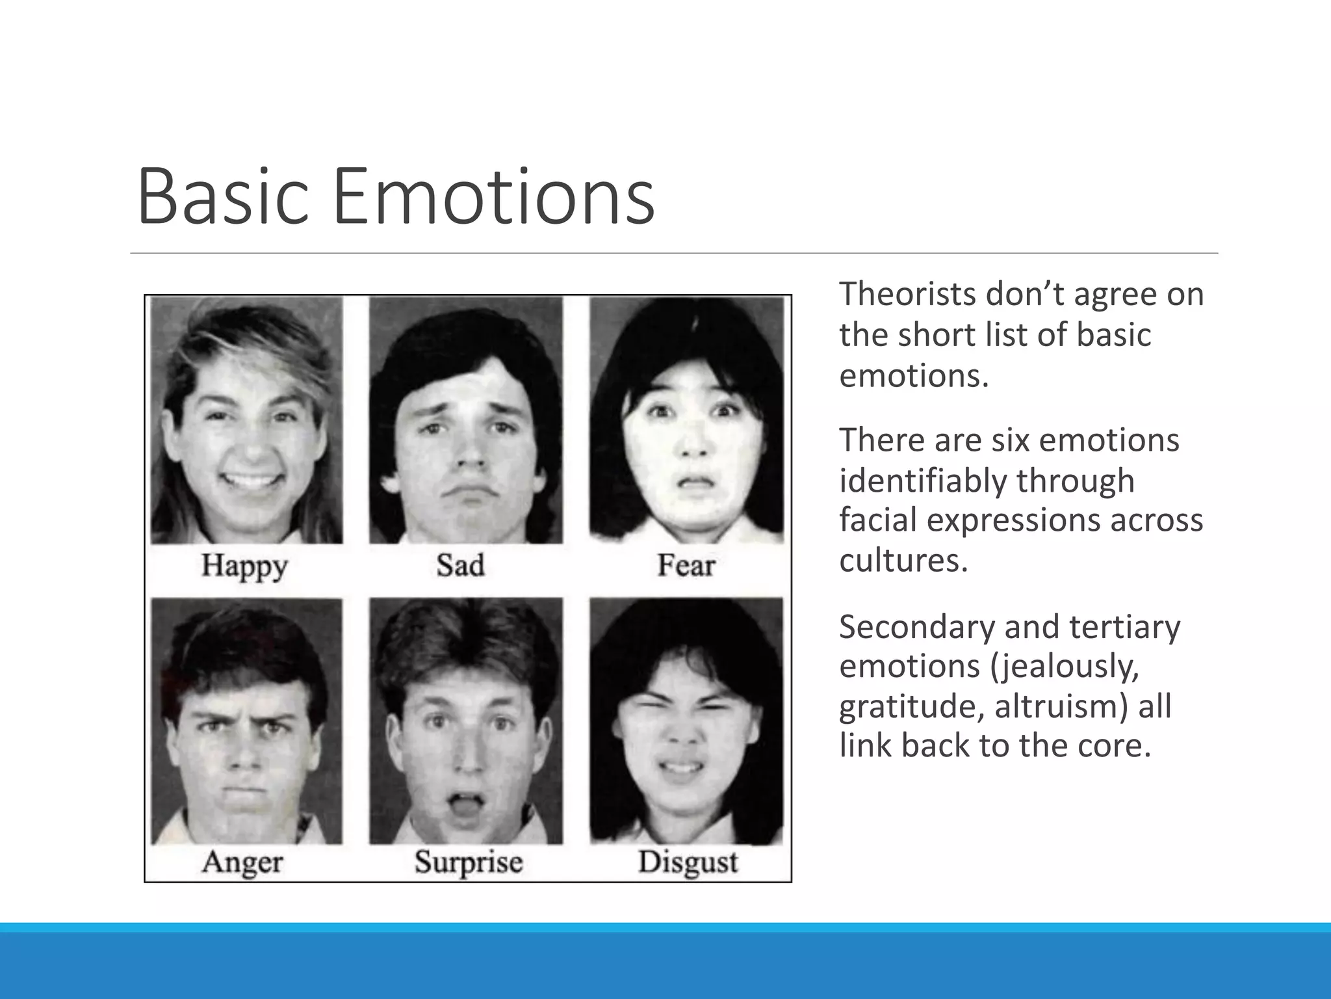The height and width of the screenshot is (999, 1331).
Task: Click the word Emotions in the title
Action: coord(493,196)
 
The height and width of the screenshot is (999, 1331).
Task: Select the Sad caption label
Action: coord(460,565)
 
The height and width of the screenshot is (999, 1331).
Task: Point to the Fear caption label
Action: coord(686,565)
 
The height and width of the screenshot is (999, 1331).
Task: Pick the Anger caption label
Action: coord(242,862)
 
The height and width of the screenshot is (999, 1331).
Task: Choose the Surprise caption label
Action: coord(469,862)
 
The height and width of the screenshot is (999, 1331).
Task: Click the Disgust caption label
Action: coord(688,862)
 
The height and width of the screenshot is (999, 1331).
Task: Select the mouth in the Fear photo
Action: coord(694,484)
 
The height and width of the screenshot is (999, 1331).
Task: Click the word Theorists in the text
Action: coord(907,294)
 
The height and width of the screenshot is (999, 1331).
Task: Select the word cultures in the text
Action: coord(903,560)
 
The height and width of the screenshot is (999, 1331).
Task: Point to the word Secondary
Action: coord(916,628)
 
